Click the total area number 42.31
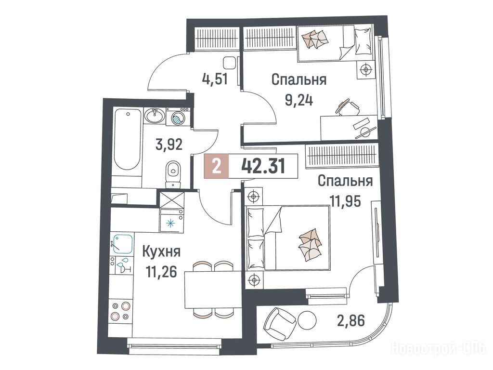coord(263,166)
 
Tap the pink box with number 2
coord(216,166)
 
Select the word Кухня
coord(162,252)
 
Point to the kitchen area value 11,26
coord(161,271)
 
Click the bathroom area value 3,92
coord(169,145)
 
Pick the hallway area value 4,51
coord(215,79)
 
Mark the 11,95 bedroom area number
coord(345,201)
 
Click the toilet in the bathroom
coord(173,174)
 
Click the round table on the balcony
coord(307,320)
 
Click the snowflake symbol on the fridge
coord(170,224)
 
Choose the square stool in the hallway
coord(229,63)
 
